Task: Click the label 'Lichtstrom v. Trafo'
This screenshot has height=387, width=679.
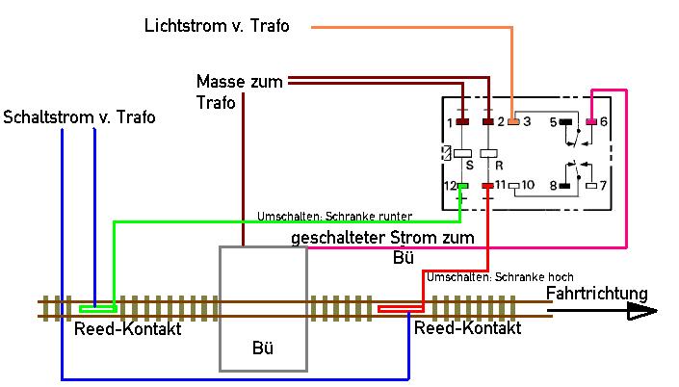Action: (x=217, y=25)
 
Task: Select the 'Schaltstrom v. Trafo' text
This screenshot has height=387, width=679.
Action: (x=79, y=117)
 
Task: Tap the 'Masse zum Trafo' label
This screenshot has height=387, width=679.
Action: (x=239, y=91)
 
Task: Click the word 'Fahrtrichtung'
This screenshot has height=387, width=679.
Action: (x=597, y=294)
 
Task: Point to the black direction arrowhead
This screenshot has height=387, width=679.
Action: (x=640, y=311)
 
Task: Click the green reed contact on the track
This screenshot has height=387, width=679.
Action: (x=97, y=309)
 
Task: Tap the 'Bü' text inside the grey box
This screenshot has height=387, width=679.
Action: (x=263, y=348)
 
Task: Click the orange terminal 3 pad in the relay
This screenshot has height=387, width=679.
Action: (x=514, y=122)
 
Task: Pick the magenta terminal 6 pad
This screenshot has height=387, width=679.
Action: (x=591, y=122)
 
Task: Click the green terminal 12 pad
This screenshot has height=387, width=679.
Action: (x=462, y=185)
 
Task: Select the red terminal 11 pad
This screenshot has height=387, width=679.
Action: (x=488, y=185)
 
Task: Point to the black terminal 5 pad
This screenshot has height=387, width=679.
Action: (x=565, y=122)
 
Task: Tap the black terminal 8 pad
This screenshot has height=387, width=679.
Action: (x=565, y=185)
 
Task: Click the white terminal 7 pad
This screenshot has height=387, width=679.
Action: (x=591, y=185)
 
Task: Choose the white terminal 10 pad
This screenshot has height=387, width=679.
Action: (x=513, y=185)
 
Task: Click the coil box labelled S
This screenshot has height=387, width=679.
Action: (x=462, y=152)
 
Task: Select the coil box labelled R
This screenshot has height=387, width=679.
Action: (x=488, y=152)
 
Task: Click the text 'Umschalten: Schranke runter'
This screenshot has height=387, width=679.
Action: (x=334, y=216)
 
